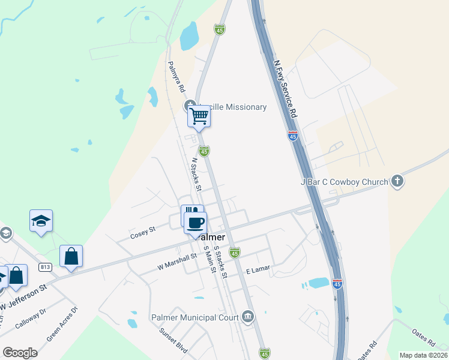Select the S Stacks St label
(x=220, y=263)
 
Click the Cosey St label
(x=143, y=233)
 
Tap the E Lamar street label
(x=258, y=271)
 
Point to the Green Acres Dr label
(x=62, y=325)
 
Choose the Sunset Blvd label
(x=173, y=342)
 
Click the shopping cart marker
(x=199, y=115)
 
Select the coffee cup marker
(x=195, y=223)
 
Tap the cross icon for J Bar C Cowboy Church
(x=396, y=181)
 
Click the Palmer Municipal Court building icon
(x=248, y=316)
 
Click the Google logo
(x=20, y=352)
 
